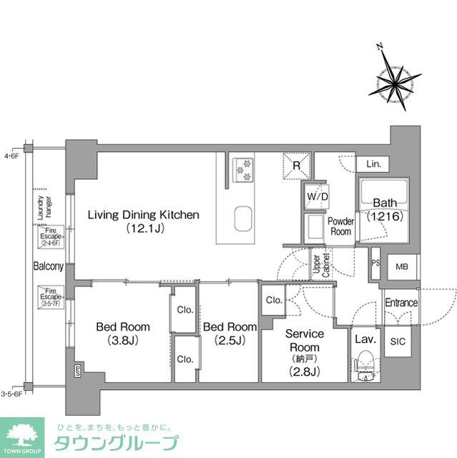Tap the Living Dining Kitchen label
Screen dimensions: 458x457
tap(143, 221)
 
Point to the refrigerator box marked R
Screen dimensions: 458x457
tap(297, 166)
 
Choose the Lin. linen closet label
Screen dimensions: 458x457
tap(373, 165)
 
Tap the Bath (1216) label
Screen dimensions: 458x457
tap(386, 208)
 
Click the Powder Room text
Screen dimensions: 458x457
tap(341, 227)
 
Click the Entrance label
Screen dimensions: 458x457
tap(401, 303)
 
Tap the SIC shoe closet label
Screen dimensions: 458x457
tap(397, 342)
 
